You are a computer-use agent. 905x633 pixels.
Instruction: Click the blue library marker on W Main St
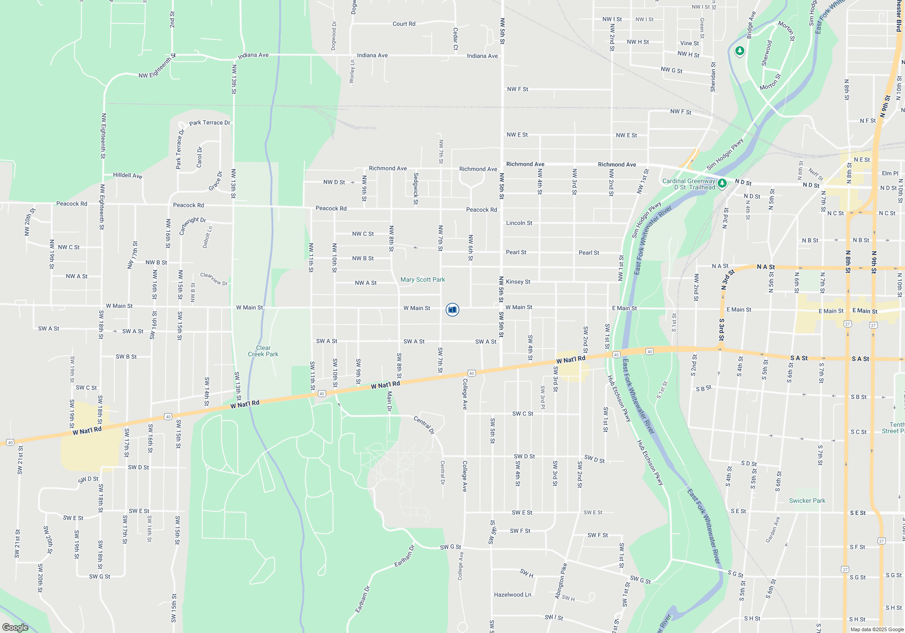(452, 310)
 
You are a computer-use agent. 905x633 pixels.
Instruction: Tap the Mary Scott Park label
(423, 280)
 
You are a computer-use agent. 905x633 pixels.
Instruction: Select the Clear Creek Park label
(263, 351)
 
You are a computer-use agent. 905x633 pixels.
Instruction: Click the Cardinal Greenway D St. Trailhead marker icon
(722, 183)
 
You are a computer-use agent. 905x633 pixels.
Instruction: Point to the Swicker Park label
(807, 501)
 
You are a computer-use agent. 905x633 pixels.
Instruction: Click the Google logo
(15, 627)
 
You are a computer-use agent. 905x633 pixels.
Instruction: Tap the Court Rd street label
(404, 24)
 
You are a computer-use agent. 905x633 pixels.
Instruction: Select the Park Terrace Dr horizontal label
(210, 123)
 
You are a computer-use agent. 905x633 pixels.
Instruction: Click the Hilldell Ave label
(128, 175)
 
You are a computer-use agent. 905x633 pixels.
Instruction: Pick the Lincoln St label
(519, 223)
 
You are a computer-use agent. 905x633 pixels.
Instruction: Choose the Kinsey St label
(518, 282)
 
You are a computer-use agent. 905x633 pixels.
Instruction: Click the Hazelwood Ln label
(512, 595)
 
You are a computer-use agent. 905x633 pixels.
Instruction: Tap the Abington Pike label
(561, 581)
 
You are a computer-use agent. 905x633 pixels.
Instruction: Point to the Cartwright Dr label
(192, 226)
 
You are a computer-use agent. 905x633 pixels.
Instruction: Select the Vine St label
(689, 43)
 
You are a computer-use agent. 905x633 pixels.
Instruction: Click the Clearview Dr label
(214, 279)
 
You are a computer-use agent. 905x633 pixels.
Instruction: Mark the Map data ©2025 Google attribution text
(877, 629)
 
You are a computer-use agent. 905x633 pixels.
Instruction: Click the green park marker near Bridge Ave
(740, 51)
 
